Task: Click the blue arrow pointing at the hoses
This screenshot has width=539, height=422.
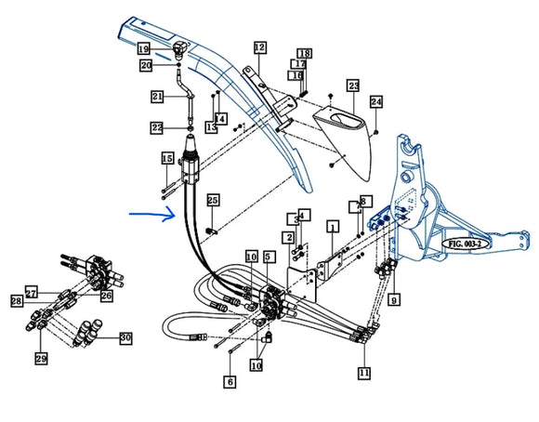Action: [151, 216]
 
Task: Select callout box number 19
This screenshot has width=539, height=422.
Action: [143, 47]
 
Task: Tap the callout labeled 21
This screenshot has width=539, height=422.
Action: [157, 97]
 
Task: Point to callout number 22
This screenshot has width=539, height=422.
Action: [157, 127]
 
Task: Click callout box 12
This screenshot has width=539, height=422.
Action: [259, 46]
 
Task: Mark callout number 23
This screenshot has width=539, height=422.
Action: [353, 86]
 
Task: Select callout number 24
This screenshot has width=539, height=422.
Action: [375, 100]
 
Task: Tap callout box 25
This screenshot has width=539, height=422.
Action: [213, 201]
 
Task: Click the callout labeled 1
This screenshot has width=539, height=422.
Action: [332, 226]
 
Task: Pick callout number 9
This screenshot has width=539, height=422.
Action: [394, 299]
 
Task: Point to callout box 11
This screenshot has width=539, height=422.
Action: [364, 372]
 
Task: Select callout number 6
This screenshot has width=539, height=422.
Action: [230, 380]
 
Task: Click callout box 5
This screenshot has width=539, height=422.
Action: [269, 256]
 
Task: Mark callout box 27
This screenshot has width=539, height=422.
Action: [31, 292]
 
